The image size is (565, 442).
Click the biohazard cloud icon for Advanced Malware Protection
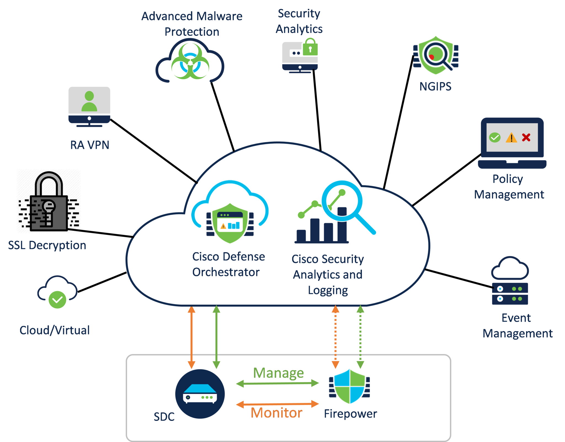click(x=190, y=61)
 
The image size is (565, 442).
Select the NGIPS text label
click(x=435, y=87)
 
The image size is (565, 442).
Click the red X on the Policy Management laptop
click(x=526, y=137)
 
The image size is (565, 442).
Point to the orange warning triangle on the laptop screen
click(x=511, y=138)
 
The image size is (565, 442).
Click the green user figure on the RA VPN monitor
click(x=89, y=101)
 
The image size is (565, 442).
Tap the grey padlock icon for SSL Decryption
click(x=49, y=201)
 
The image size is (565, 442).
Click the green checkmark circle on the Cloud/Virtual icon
click(x=57, y=300)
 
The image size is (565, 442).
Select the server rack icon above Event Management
click(x=510, y=294)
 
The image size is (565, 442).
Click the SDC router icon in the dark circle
click(x=200, y=394)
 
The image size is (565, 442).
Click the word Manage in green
click(x=279, y=373)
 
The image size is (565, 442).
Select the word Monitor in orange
click(x=276, y=413)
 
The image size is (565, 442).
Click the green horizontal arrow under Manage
click(x=278, y=383)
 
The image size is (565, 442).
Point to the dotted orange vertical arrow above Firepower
click(x=335, y=337)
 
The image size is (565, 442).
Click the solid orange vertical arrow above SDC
click(x=191, y=337)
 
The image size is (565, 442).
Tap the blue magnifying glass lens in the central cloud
click(x=342, y=201)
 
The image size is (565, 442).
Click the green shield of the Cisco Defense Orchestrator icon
click(x=230, y=223)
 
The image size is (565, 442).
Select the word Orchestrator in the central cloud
click(x=226, y=272)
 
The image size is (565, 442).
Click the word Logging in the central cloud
click(x=328, y=291)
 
